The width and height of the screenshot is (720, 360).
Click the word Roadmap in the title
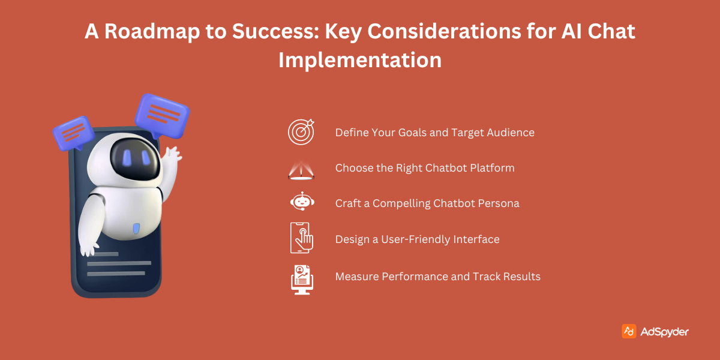coord(152,31)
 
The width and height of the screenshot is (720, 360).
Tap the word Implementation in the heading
coord(360,60)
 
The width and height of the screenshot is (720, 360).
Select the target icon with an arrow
coord(301,132)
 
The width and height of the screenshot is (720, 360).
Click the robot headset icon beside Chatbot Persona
coord(302,202)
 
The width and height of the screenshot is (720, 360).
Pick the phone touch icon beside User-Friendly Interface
coord(301,238)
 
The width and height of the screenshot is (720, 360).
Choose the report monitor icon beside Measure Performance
coord(302,280)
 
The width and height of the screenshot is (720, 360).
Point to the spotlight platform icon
coord(301,170)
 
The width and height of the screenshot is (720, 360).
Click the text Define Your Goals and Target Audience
coord(435,133)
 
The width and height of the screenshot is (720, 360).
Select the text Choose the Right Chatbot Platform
coord(425,168)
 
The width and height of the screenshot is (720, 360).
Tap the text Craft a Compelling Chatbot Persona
coord(427,203)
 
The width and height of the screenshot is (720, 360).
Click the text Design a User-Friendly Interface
coord(417,239)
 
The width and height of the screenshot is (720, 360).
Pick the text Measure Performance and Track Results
coord(438,277)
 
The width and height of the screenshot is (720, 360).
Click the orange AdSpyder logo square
coord(629,331)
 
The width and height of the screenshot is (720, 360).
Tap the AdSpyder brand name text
coord(664,332)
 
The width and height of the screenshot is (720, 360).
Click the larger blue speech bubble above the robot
coord(163,116)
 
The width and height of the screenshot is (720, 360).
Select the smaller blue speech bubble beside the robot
coord(74,133)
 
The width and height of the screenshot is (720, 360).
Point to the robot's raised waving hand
coord(172,155)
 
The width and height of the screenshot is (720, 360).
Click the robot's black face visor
coord(135,159)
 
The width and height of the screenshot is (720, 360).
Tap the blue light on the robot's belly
coord(136,229)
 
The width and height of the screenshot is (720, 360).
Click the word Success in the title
coord(275,31)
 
